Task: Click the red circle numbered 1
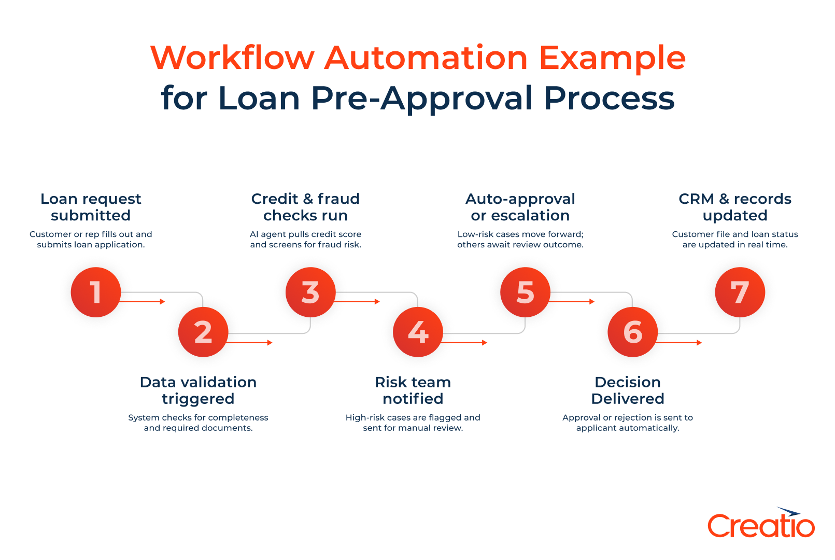pos(96,292)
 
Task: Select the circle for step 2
pos(203,332)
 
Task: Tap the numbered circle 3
pos(310,292)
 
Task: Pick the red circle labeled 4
pos(418,332)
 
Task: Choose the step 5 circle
pos(525,292)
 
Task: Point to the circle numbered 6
pos(632,332)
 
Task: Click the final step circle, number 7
pos(740,292)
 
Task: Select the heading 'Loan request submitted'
pos(91,207)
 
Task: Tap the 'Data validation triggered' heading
pos(198,390)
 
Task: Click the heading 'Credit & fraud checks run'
pos(305,207)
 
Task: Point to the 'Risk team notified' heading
pos(413,390)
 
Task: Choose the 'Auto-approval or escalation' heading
pos(520,207)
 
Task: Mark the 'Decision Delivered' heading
pos(628,390)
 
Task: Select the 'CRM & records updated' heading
pos(735,207)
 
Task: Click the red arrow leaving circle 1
pos(143,301)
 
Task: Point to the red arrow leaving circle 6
pos(679,342)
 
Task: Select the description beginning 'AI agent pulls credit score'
pos(305,240)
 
